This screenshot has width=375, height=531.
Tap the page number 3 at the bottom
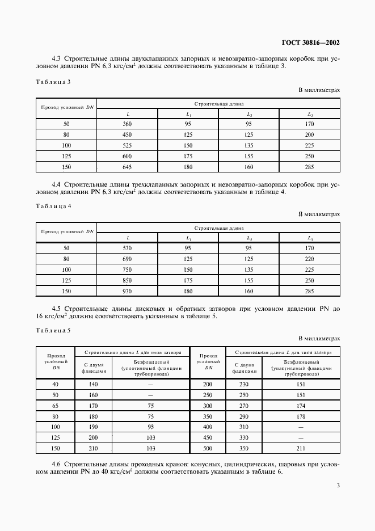click(x=338, y=485)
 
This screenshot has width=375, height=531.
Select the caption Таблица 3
click(x=53, y=82)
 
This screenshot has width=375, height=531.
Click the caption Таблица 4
click(x=53, y=206)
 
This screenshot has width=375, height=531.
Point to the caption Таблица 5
click(x=53, y=330)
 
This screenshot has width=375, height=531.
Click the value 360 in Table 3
click(x=128, y=124)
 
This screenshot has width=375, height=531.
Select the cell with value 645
click(x=128, y=167)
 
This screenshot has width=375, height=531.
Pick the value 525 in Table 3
click(x=128, y=145)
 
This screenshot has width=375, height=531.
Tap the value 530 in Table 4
click(x=128, y=248)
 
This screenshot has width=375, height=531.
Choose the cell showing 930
click(x=128, y=291)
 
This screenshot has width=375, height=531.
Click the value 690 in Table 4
click(x=128, y=259)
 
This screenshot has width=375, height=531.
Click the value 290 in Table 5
click(x=245, y=416)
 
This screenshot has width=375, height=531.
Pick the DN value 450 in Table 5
click(x=208, y=438)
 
